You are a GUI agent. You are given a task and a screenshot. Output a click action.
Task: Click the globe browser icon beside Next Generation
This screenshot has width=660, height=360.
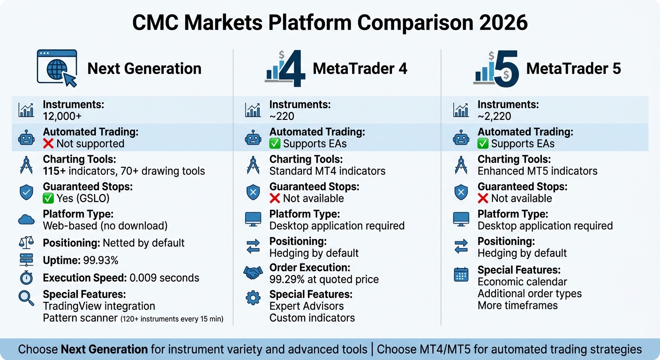56,68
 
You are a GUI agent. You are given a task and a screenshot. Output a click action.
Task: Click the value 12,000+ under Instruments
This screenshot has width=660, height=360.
62,116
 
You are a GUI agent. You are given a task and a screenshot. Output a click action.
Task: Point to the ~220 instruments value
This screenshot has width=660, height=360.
282,116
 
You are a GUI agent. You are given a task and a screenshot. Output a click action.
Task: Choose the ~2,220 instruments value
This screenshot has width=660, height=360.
495,116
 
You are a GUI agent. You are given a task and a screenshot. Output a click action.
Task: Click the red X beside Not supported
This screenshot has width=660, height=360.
48,143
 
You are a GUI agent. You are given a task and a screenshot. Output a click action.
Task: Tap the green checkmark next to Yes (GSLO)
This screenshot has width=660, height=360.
48,198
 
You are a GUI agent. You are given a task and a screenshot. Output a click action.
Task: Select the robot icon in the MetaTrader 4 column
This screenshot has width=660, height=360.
253,138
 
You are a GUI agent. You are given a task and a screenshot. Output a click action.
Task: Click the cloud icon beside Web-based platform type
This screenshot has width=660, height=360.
26,219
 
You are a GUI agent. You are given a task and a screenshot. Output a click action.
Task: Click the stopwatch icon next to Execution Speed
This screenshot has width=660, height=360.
26,278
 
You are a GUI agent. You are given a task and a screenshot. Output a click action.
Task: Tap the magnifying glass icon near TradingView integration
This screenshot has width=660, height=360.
26,298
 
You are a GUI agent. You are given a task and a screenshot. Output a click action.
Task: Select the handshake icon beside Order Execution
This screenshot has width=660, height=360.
253,273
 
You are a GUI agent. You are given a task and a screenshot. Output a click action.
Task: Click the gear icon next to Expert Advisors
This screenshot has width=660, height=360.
253,298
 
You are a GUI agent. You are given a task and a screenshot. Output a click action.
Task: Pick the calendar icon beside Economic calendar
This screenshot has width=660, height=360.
461,274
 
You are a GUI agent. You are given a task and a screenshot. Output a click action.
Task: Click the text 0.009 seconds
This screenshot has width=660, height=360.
164,277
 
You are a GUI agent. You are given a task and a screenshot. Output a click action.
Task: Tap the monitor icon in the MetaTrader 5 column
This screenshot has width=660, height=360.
461,219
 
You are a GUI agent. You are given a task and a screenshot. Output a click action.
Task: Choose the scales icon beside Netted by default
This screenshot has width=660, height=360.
26,243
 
